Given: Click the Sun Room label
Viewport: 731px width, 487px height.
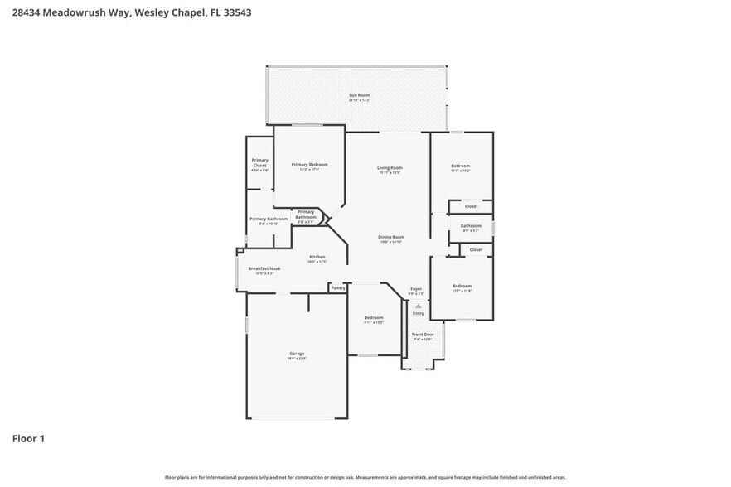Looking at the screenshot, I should click(x=359, y=95).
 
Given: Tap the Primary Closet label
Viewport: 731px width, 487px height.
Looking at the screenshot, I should click(x=259, y=162).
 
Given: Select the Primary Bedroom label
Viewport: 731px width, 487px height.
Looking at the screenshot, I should click(x=309, y=165).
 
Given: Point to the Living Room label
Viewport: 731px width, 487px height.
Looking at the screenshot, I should click(x=390, y=168).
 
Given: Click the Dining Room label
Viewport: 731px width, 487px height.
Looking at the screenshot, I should click(x=390, y=237).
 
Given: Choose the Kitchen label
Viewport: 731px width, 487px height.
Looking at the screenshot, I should click(x=317, y=257).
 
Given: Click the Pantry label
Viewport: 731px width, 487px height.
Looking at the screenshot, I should click(x=337, y=288).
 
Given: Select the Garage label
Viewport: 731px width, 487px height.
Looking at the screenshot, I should click(x=297, y=354).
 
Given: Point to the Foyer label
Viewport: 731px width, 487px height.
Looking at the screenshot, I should click(x=416, y=289).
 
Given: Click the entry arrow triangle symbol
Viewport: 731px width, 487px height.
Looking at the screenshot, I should click(x=419, y=306).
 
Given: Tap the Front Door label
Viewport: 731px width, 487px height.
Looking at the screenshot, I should click(x=423, y=335).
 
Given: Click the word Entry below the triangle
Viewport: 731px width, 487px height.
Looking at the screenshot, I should click(x=419, y=313).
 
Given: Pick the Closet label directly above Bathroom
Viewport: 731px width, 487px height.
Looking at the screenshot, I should click(x=471, y=206).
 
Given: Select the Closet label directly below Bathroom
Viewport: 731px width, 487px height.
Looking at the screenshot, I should click(x=476, y=249).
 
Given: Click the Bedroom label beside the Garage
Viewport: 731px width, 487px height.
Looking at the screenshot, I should click(x=374, y=318).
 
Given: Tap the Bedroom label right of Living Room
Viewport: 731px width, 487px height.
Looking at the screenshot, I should click(x=461, y=166).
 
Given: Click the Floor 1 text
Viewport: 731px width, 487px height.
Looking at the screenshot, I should click(x=28, y=438).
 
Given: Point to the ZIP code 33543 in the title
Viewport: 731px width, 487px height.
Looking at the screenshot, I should click(x=236, y=13).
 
